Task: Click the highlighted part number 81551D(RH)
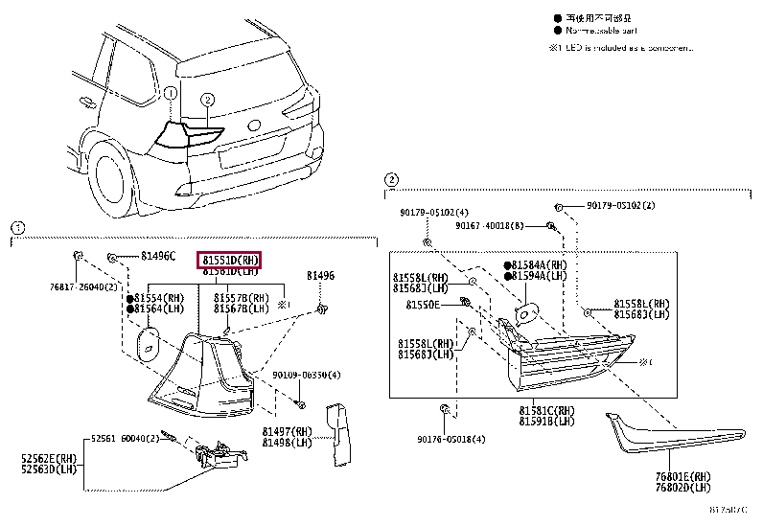point(229,260)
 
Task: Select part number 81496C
point(158,256)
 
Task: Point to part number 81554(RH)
point(159,298)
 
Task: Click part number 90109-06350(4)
point(307,376)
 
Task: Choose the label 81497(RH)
point(291,432)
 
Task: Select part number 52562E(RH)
point(53,459)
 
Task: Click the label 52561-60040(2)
point(127,438)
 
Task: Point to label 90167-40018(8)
point(490,226)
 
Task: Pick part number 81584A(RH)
point(540,264)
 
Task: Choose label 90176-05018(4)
point(452,439)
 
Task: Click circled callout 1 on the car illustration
point(169,94)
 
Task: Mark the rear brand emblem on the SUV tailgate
point(253,124)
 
